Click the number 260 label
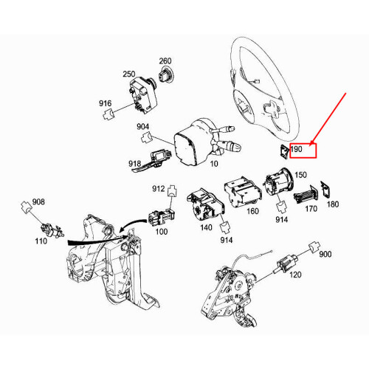tap(165, 61)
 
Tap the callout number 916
tap(104, 103)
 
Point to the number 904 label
tap(143, 127)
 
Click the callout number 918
tap(135, 163)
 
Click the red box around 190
tap(303, 150)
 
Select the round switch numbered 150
tap(277, 184)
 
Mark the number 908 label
tap(38, 201)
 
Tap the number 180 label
tap(334, 204)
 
